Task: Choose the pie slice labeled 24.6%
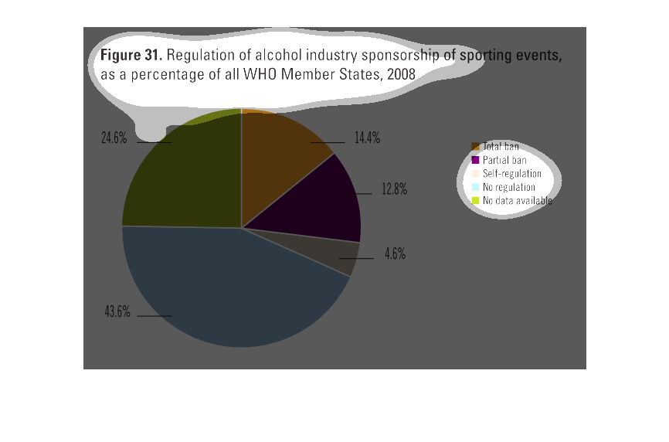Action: pyautogui.click(x=185, y=178)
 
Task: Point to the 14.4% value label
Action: pyautogui.click(x=367, y=138)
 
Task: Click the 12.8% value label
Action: pyautogui.click(x=394, y=189)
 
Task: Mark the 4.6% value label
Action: pyautogui.click(x=395, y=253)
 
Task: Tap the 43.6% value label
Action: pyautogui.click(x=117, y=312)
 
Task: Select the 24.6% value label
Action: pyautogui.click(x=114, y=138)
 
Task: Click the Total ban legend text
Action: pyautogui.click(x=501, y=146)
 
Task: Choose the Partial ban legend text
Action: pyautogui.click(x=504, y=160)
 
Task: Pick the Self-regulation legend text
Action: pyautogui.click(x=511, y=173)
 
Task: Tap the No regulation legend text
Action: pyautogui.click(x=508, y=187)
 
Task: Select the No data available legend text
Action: pyautogui.click(x=518, y=201)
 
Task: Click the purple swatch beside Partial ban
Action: pyautogui.click(x=476, y=160)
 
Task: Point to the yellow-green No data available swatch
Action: pyautogui.click(x=476, y=201)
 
